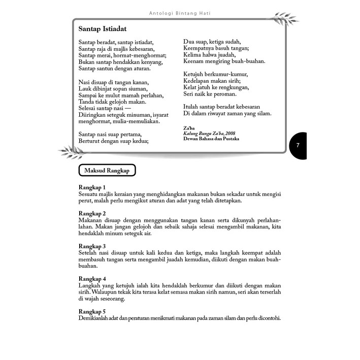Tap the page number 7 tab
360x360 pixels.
tap(299, 146)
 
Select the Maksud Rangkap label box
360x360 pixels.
tap(107, 171)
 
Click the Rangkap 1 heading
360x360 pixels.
tap(92, 187)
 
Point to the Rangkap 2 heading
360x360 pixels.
tap(92, 213)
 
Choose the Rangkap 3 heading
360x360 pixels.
tap(92, 246)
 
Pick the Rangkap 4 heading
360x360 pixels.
tap(92, 279)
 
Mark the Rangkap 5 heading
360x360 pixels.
tap(92, 312)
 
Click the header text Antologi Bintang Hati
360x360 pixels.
tap(180, 13)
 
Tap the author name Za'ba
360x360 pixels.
tap(188, 128)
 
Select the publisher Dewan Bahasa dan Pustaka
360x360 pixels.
tap(211, 138)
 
